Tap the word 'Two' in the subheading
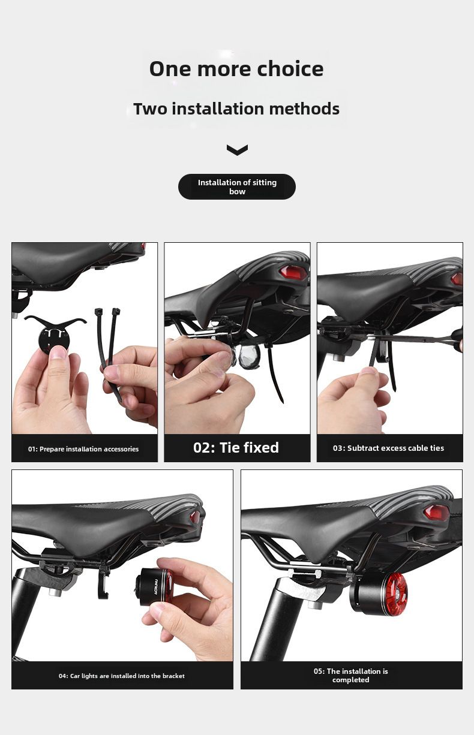click(x=150, y=109)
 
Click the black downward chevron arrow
click(x=237, y=150)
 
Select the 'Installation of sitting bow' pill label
click(x=237, y=186)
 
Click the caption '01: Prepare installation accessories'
click(x=83, y=449)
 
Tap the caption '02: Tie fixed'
click(x=236, y=448)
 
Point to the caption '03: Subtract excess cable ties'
click(x=388, y=448)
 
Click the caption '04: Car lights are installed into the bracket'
click(x=122, y=676)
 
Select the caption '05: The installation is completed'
click(x=350, y=676)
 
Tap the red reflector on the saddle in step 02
click(x=293, y=272)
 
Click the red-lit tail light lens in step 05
click(x=396, y=592)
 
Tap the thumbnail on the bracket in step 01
click(x=58, y=352)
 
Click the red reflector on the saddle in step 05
click(x=436, y=512)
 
